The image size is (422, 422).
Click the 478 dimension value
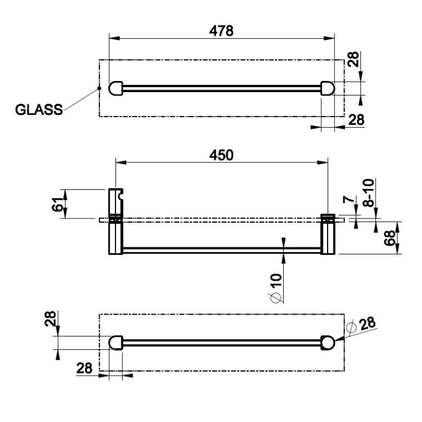pyautogui.click(x=221, y=31)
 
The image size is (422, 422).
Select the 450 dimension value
pyautogui.click(x=221, y=155)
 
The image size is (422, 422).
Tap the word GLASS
pyautogui.click(x=39, y=110)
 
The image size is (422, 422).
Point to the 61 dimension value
pyautogui.click(x=57, y=205)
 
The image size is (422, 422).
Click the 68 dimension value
pyautogui.click(x=390, y=238)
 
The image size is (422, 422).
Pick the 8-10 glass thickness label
pyautogui.click(x=369, y=192)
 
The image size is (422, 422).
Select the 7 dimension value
pyautogui.click(x=349, y=199)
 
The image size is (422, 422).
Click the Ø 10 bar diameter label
pyautogui.click(x=276, y=288)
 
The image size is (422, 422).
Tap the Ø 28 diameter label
pyautogui.click(x=362, y=325)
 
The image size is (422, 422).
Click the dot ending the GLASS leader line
pyautogui.click(x=99, y=88)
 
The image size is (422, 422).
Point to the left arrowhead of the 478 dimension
pyautogui.click(x=114, y=38)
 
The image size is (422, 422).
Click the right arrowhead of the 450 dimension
pyautogui.click(x=323, y=162)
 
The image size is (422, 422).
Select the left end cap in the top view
pyautogui.click(x=115, y=89)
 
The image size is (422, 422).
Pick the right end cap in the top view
pyautogui.click(x=328, y=89)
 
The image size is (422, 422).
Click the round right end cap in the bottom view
pyautogui.click(x=328, y=343)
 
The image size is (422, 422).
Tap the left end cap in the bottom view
pyautogui.click(x=115, y=343)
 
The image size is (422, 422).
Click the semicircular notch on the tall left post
pyautogui.click(x=121, y=195)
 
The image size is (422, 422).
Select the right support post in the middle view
pyautogui.click(x=328, y=234)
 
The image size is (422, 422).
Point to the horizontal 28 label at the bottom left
pyautogui.click(x=84, y=368)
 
